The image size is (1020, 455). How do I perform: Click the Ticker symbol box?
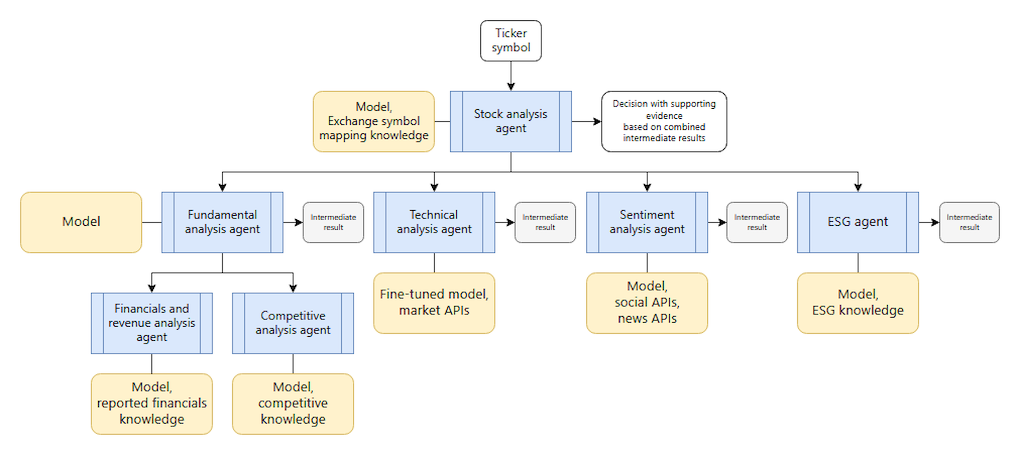tap(510, 40)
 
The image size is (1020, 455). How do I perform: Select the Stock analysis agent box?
tap(510, 121)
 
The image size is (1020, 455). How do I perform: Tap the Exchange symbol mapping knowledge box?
tap(374, 121)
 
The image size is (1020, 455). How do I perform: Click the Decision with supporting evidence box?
tap(664, 121)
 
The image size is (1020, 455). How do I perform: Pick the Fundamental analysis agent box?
tap(222, 222)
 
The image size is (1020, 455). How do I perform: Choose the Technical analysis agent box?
tap(434, 222)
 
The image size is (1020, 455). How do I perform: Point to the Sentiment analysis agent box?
tap(646, 222)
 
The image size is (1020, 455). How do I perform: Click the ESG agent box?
tap(858, 222)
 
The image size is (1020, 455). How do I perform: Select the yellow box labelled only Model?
tap(81, 222)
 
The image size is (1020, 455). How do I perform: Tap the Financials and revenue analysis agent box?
tap(151, 323)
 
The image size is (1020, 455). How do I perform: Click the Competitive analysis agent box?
tap(293, 323)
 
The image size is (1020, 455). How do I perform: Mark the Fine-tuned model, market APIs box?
tap(434, 303)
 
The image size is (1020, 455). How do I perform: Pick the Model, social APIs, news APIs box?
tap(646, 303)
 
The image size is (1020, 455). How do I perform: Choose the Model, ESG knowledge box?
tap(858, 303)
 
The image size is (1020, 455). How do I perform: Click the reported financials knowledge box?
tap(151, 404)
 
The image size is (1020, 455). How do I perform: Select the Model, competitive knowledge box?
tap(293, 404)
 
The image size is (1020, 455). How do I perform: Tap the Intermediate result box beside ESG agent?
tap(969, 222)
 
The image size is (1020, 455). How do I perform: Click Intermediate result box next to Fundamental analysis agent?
tap(333, 222)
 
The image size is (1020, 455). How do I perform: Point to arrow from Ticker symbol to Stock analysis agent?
tap(510, 76)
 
